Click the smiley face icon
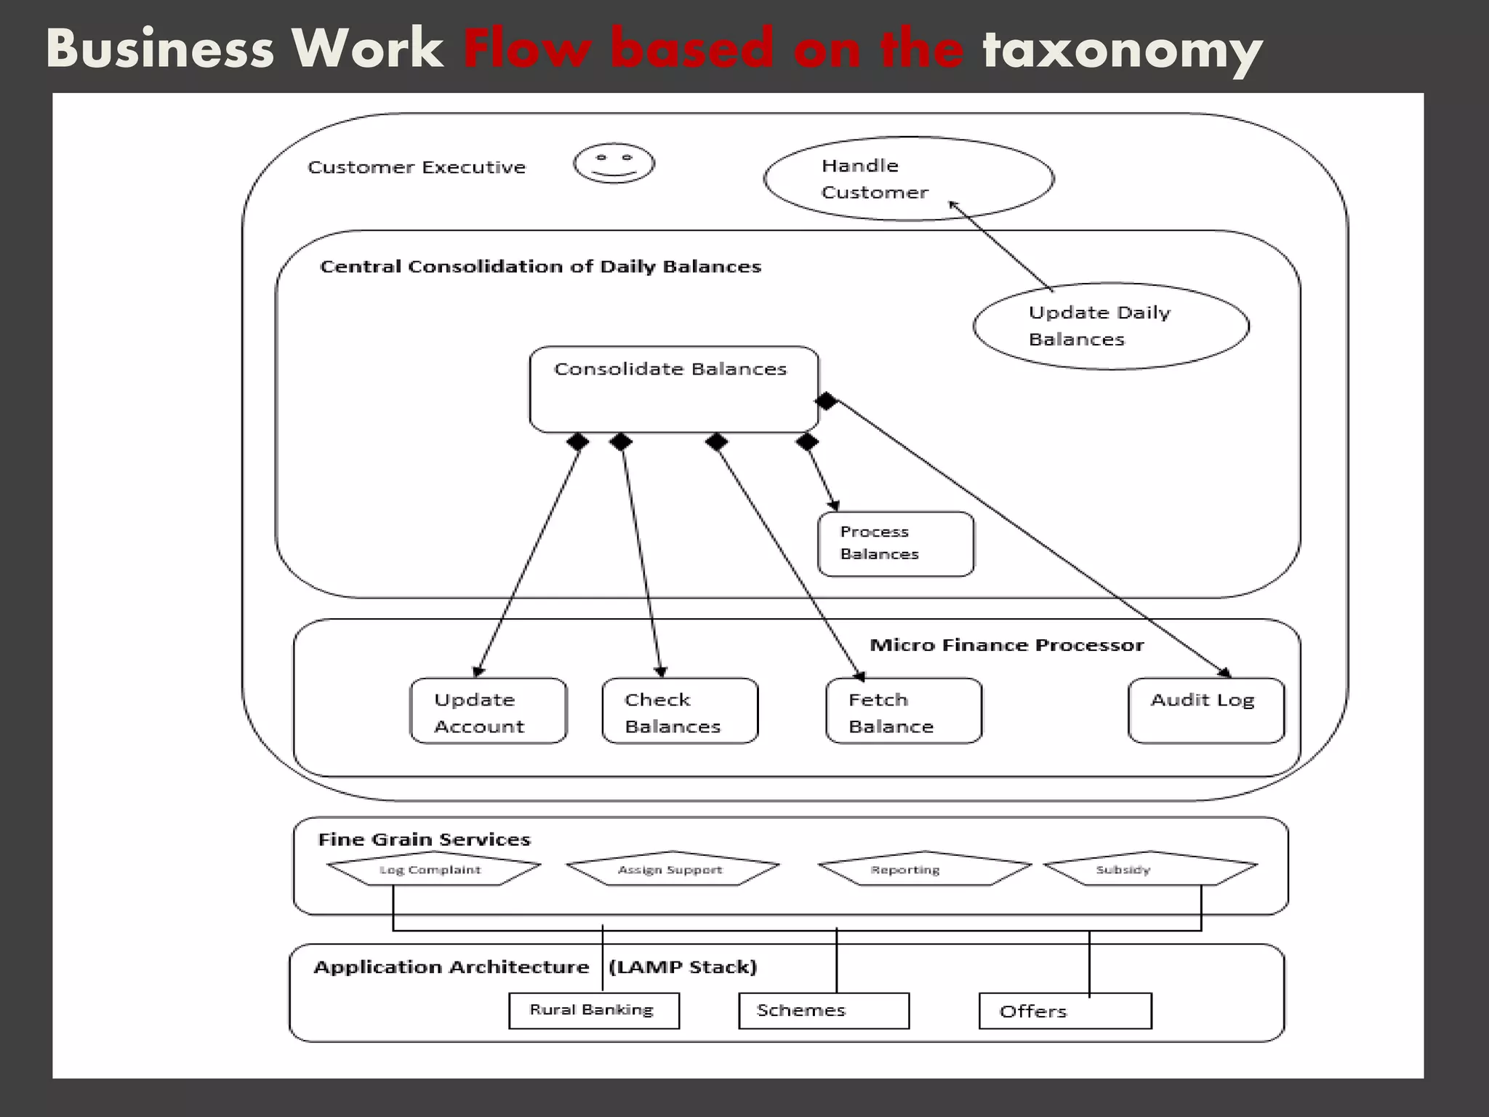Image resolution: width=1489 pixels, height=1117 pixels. pos(614,163)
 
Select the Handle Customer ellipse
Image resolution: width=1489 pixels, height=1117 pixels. pos(908,178)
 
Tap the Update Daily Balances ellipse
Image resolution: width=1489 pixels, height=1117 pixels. pos(1110,326)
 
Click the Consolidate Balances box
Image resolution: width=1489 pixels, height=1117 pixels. pos(674,389)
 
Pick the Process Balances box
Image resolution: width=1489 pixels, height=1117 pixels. pos(895,544)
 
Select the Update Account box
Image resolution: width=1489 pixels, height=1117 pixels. pos(488,711)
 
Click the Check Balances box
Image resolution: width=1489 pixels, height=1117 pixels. pos(680,711)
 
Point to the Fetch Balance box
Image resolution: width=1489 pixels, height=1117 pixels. pos(904,711)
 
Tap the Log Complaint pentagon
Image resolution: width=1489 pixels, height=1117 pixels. pos(433,868)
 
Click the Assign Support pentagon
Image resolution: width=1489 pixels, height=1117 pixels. pos(672,868)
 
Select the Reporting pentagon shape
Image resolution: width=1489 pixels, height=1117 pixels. pos(923,868)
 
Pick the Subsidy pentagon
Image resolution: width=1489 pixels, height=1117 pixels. pos(1149,868)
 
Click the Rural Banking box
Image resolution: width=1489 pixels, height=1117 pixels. pos(593,1011)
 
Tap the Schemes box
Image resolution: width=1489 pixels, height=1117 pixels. pos(823,1011)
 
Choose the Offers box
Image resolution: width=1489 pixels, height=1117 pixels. pos(1064,1012)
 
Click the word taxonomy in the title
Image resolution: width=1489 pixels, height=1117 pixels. pos(1122,49)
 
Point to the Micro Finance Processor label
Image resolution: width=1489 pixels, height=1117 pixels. pos(1006,645)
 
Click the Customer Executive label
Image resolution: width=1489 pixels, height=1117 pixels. pos(416,167)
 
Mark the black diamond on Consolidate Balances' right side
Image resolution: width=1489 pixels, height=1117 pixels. pos(826,401)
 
